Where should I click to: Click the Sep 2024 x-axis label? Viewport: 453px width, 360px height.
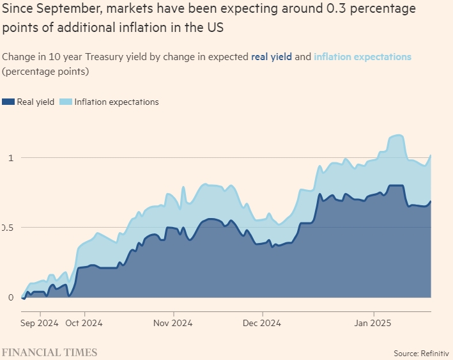pyautogui.click(x=40, y=323)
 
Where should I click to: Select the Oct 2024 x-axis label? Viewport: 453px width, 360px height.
pyautogui.click(x=84, y=323)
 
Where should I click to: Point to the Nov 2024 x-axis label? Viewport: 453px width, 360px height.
pyautogui.click(x=174, y=323)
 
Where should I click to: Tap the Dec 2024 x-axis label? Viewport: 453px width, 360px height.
pyautogui.click(x=263, y=323)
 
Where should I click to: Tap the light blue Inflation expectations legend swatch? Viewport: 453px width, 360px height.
pyautogui.click(x=66, y=102)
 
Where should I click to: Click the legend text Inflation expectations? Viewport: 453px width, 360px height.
pyautogui.click(x=116, y=102)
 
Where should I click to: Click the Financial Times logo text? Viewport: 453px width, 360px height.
pyautogui.click(x=49, y=352)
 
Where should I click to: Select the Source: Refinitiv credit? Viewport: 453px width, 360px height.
pyautogui.click(x=420, y=353)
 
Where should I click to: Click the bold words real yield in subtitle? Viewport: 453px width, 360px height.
pyautogui.click(x=272, y=57)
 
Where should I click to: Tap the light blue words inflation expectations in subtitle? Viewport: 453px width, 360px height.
pyautogui.click(x=363, y=57)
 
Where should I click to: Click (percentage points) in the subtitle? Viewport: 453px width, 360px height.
pyautogui.click(x=45, y=71)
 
